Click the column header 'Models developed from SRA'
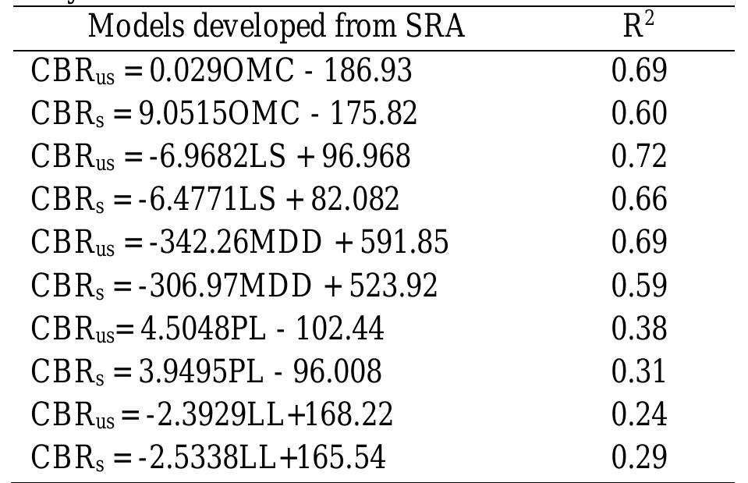[x=276, y=27]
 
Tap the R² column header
[x=638, y=27]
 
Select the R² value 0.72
[x=639, y=156]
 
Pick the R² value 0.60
[x=639, y=113]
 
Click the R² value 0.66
[x=639, y=199]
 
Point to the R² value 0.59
[x=639, y=285]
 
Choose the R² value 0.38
[x=639, y=328]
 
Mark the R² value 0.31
[x=639, y=371]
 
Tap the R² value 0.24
[x=639, y=414]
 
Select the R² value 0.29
[x=639, y=456]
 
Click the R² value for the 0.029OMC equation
[x=639, y=70]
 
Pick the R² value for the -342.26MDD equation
[x=639, y=242]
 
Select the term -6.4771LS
[x=207, y=199]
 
